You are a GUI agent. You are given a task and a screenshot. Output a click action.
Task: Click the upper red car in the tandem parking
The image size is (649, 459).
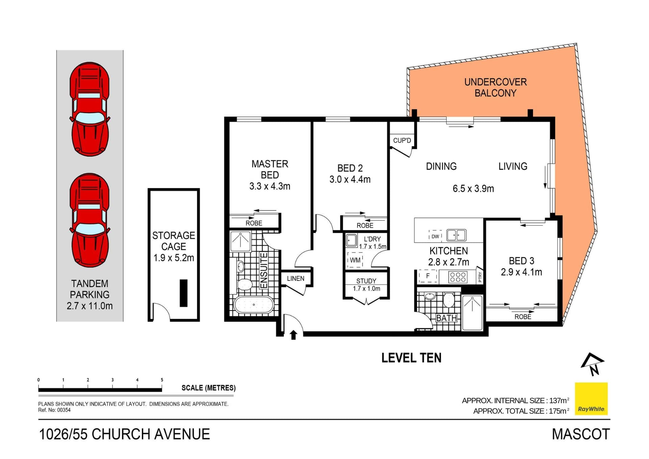pyautogui.click(x=90, y=109)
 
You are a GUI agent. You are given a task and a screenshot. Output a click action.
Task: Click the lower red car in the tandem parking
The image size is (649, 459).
pyautogui.click(x=90, y=220)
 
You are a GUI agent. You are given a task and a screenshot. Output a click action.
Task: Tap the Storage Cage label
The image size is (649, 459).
pyautogui.click(x=173, y=241)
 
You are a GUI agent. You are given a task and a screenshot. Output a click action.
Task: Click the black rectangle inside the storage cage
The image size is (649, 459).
pyautogui.click(x=184, y=293)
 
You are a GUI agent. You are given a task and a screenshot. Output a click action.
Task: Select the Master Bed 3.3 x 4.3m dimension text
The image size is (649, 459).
pyautogui.click(x=269, y=186)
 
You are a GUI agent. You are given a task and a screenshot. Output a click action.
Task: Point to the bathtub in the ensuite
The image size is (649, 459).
pyautogui.click(x=254, y=305)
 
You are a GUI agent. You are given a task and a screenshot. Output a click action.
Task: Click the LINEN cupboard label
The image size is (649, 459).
pyautogui.click(x=295, y=279)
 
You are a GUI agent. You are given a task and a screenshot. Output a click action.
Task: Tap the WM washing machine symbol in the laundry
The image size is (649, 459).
pyautogui.click(x=355, y=260)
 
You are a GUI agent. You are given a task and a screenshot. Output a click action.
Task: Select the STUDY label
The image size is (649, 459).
pyautogui.click(x=366, y=281)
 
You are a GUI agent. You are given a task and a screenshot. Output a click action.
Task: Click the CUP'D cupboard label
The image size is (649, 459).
pyautogui.click(x=402, y=140)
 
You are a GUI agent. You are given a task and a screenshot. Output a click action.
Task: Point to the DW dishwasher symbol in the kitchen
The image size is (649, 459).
pyautogui.click(x=435, y=236)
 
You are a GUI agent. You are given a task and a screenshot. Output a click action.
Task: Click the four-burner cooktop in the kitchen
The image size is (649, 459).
pyautogui.click(x=458, y=277)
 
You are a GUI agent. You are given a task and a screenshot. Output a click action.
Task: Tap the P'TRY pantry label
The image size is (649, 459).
pyautogui.click(x=480, y=277)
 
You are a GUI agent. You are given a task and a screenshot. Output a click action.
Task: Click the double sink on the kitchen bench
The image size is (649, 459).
pyautogui.click(x=456, y=235)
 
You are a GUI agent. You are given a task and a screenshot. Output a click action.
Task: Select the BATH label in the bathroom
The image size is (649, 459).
pyautogui.click(x=446, y=318)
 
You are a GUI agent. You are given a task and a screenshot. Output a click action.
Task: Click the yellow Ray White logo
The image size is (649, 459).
pyautogui.click(x=591, y=399)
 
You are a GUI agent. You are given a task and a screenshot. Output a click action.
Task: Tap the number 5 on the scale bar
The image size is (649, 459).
pyautogui.click(x=162, y=380)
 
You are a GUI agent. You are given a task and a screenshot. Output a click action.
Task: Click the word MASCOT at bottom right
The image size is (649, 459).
pyautogui.click(x=581, y=434)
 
